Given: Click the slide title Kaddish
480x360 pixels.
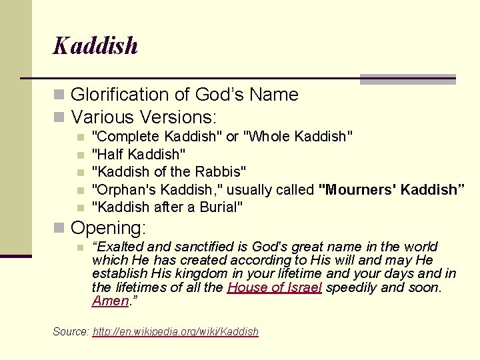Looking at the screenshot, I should click(95, 46).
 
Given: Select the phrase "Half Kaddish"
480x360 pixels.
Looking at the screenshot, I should click(139, 154).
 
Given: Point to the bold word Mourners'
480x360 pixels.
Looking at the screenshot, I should click(356, 189).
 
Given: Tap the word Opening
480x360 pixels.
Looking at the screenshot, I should click(108, 228).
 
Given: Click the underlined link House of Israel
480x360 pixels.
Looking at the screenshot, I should click(275, 287).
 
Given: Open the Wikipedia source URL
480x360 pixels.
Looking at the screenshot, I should click(175, 331).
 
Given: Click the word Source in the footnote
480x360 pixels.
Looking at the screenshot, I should click(70, 331).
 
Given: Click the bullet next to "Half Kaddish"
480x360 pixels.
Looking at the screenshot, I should click(80, 155).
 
